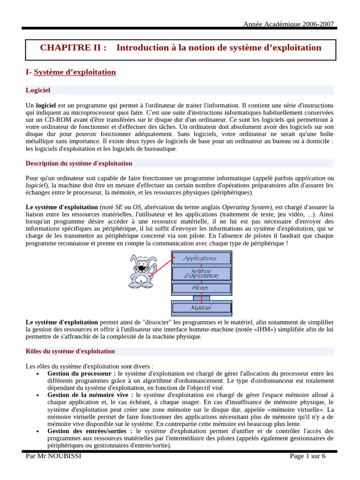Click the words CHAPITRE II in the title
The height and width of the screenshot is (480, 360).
point(73,48)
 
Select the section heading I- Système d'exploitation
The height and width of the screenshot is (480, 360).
point(70,72)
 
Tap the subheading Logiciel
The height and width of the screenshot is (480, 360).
point(38,90)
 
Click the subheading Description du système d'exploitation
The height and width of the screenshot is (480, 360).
point(79,164)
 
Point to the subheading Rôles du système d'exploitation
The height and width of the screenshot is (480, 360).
point(70,351)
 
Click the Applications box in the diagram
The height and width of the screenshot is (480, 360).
point(201,258)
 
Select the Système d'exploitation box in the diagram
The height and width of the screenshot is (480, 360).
point(201,273)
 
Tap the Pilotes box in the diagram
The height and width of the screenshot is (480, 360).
point(201,288)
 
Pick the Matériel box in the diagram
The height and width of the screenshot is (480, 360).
point(201,307)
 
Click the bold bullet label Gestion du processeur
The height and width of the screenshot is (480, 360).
point(81,374)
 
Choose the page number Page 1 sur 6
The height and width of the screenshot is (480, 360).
point(307,457)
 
